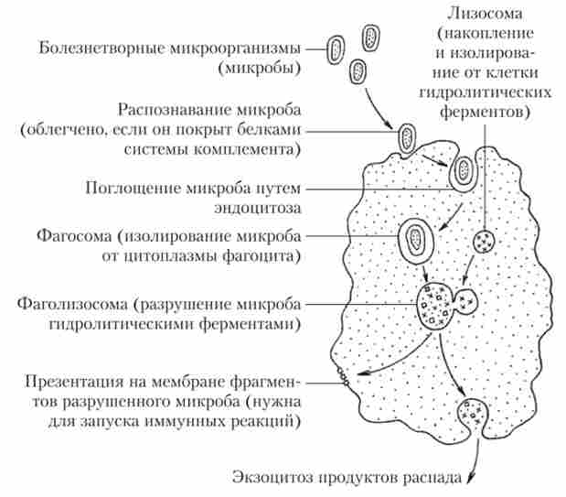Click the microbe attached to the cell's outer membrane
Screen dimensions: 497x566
(x=406, y=137)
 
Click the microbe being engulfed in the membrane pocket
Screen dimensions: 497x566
(x=465, y=169)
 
